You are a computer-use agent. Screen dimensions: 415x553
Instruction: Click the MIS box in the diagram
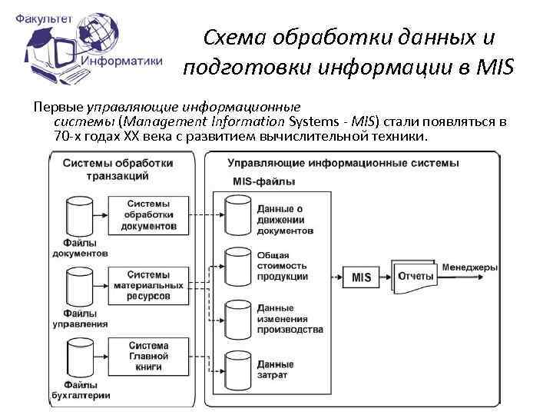(x=360, y=277)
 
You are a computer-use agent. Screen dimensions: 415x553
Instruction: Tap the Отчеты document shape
(x=415, y=276)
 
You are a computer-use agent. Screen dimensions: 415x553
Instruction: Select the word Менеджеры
(x=469, y=267)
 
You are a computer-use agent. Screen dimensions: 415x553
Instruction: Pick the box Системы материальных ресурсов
(x=149, y=285)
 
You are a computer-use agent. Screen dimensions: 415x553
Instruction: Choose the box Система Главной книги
(x=149, y=356)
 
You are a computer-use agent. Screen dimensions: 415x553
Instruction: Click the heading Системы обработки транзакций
(x=118, y=169)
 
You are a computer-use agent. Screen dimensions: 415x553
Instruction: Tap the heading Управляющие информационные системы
(x=343, y=163)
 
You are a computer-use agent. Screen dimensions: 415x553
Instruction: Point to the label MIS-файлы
(x=263, y=181)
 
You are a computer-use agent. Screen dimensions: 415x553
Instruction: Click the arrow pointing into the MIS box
(x=337, y=277)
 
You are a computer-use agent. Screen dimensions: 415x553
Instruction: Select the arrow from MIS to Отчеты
(x=386, y=277)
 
